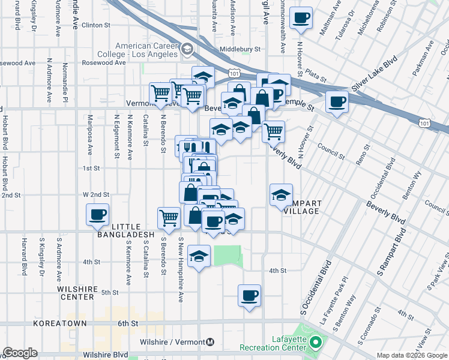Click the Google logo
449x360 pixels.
[20, 353]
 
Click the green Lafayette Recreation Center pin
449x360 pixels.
[317, 343]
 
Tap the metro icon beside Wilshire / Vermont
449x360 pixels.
[210, 343]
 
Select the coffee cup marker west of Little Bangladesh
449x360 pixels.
[97, 214]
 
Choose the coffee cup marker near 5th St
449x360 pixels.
[249, 295]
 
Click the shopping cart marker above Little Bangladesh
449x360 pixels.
[169, 218]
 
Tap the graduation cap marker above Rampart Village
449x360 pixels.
[281, 194]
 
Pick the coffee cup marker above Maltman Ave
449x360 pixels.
[301, 17]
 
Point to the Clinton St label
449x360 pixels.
[96, 26]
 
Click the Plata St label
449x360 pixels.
[315, 75]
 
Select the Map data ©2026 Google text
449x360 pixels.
[411, 355]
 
